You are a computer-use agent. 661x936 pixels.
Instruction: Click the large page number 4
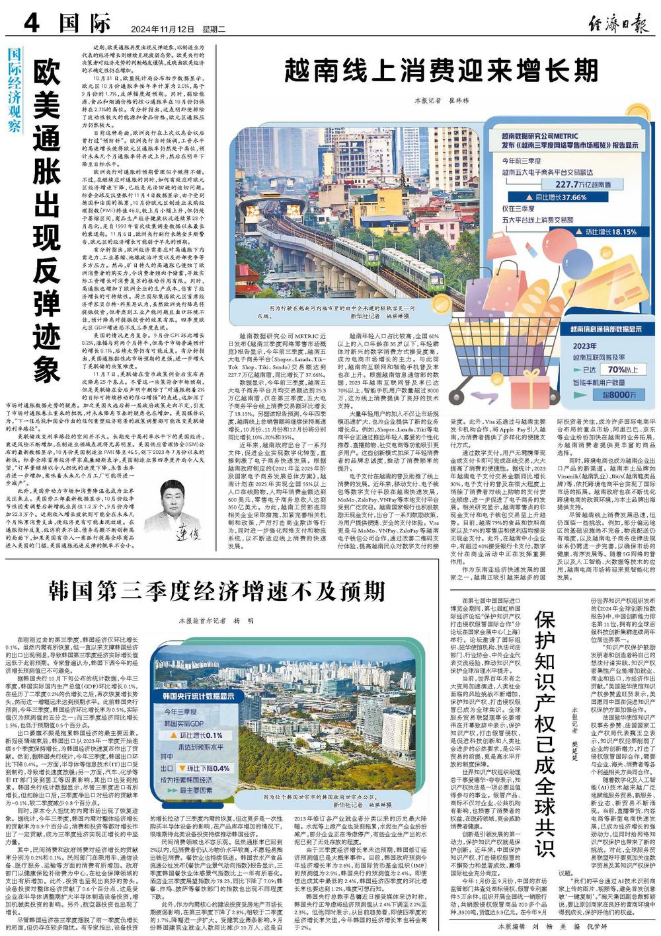(32, 24)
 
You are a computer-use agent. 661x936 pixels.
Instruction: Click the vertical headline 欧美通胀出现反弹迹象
(47, 221)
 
